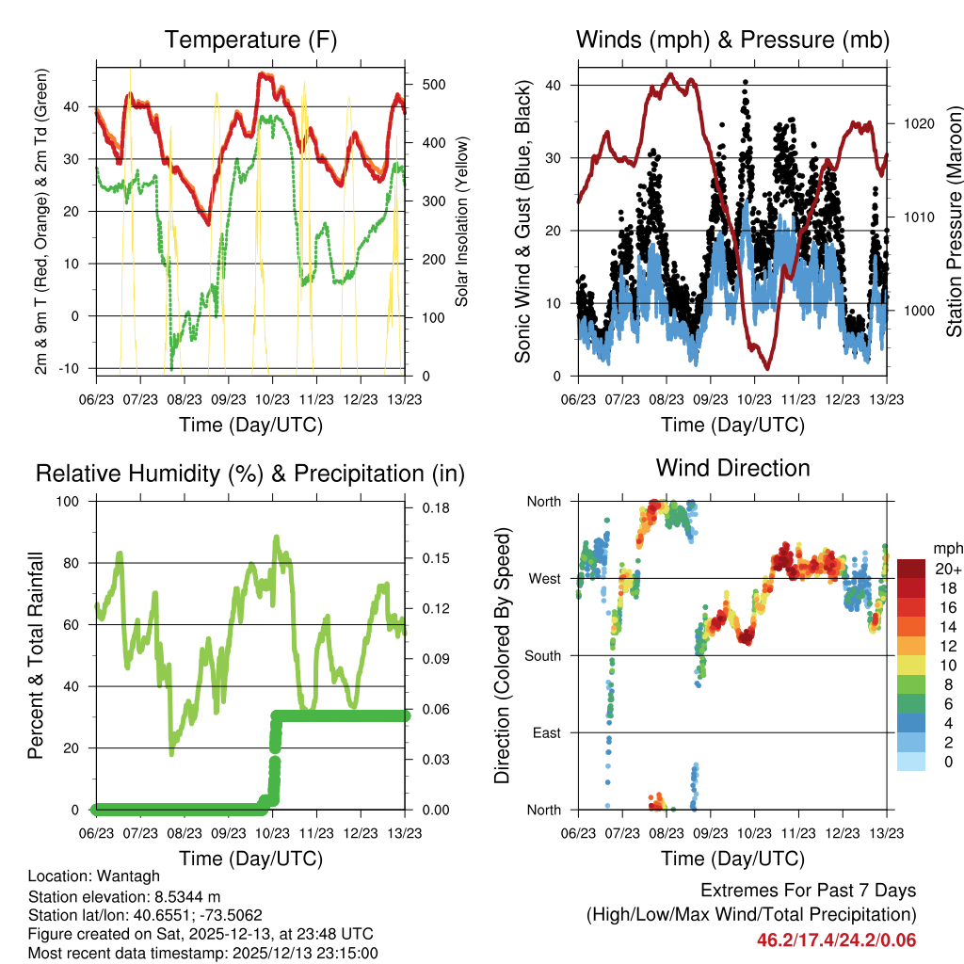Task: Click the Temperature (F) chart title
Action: point(250,40)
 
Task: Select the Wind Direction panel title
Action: point(732,468)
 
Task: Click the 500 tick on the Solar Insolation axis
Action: point(433,85)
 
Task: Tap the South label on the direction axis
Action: point(542,655)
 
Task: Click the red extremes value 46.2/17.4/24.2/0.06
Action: point(836,940)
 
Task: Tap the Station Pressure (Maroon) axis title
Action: point(954,221)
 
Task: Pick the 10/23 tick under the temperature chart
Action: point(272,399)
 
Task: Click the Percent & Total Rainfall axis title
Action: point(37,655)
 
